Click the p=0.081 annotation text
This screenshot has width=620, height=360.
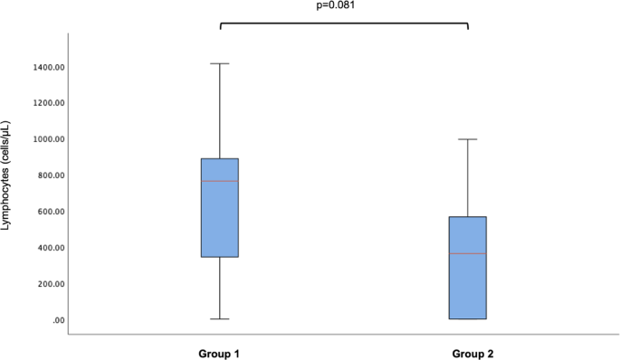pos(343,5)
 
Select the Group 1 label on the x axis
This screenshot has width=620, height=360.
pos(219,350)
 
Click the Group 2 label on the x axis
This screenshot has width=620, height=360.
pos(468,350)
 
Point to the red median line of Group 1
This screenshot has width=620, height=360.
pos(220,181)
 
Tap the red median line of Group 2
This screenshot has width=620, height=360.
pos(468,253)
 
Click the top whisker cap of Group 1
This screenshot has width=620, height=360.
pos(220,64)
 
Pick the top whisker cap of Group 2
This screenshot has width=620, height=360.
pos(468,139)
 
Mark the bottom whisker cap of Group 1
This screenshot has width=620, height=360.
pos(220,319)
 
